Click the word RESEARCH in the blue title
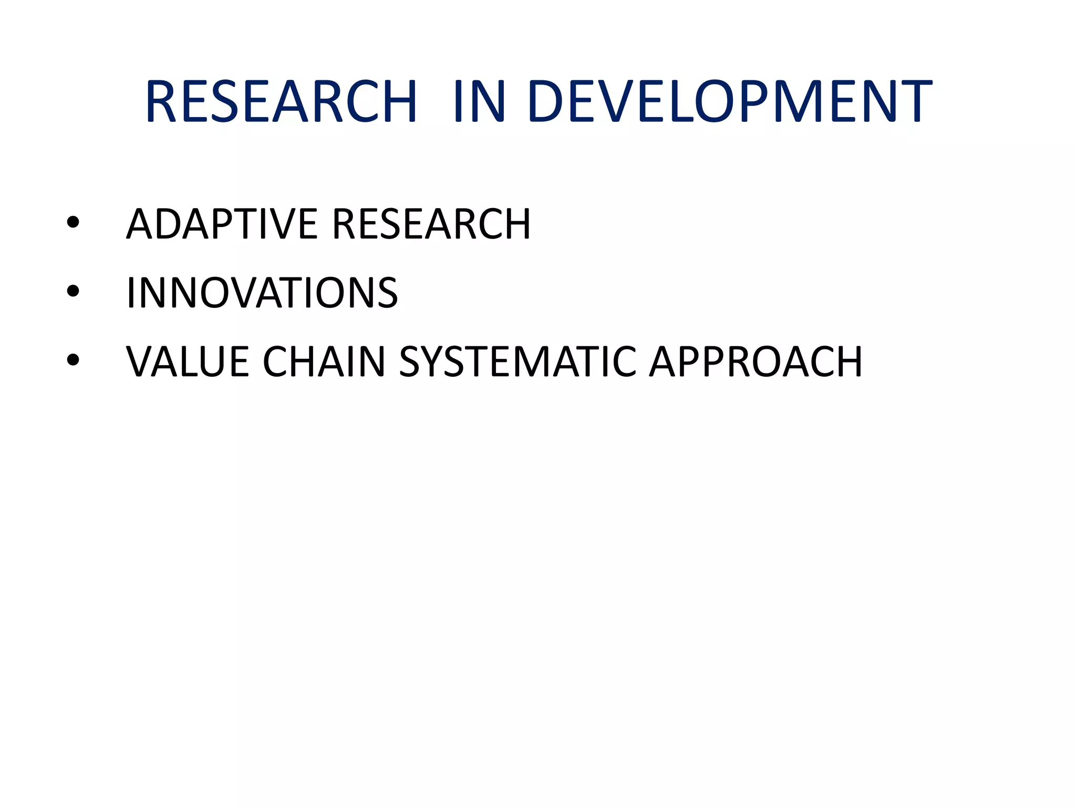point(281,101)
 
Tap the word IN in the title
point(479,101)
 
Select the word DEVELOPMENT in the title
point(730,101)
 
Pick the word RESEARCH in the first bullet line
point(431,224)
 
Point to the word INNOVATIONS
point(262,293)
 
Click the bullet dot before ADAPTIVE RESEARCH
point(73,223)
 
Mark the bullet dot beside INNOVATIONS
point(73,291)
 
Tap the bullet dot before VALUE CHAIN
point(73,360)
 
